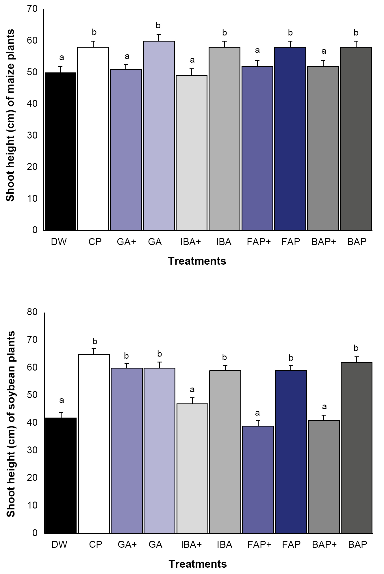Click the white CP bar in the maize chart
pyautogui.click(x=93, y=139)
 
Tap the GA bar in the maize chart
pyautogui.click(x=159, y=136)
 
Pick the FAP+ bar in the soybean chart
pyautogui.click(x=258, y=479)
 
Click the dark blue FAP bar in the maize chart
pyautogui.click(x=290, y=139)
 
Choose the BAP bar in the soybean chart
pyautogui.click(x=356, y=448)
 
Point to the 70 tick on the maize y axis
pyautogui.click(x=33, y=9)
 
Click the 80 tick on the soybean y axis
pyautogui.click(x=33, y=312)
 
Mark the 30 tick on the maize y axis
pyautogui.click(x=33, y=135)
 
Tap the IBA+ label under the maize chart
pyautogui.click(x=190, y=242)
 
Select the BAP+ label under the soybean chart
pyautogui.click(x=324, y=545)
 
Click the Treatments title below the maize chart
pyautogui.click(x=197, y=261)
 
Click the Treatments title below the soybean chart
pyautogui.click(x=198, y=564)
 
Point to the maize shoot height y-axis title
pyautogui.click(x=10, y=115)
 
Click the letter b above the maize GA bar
pyautogui.click(x=158, y=26)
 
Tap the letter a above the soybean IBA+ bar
pyautogui.click(x=192, y=390)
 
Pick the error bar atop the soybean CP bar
pyautogui.click(x=94, y=351)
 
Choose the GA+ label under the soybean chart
pyautogui.click(x=127, y=545)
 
